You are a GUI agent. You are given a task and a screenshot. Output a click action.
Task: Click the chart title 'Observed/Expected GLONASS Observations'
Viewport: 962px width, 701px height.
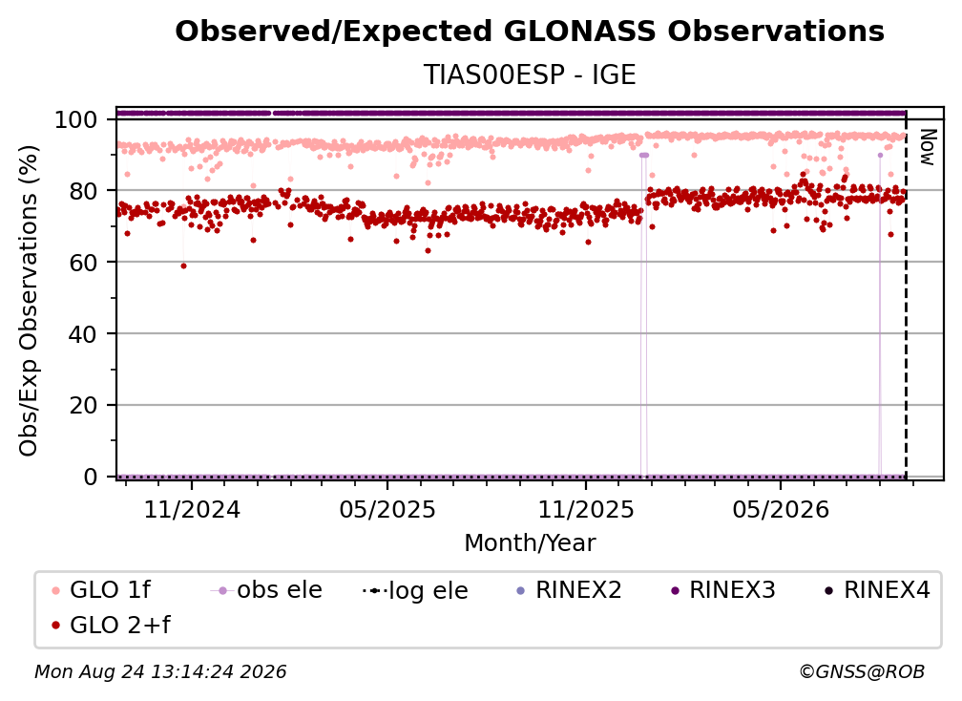point(530,32)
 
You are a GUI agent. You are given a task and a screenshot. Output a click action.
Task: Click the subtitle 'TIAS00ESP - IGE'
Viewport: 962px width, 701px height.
point(530,74)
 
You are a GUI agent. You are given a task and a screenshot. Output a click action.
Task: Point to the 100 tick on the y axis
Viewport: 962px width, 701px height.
point(76,119)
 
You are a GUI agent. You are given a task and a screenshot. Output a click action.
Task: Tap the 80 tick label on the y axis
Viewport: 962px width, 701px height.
point(83,191)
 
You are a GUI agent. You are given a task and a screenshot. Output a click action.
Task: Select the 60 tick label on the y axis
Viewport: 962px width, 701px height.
point(83,263)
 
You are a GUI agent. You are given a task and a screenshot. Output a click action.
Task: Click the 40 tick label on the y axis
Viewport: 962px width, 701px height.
point(83,334)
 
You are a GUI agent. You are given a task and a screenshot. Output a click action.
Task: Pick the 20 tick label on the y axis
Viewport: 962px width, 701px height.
point(83,406)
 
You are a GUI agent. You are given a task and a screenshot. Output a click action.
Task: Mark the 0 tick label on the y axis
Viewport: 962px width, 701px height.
point(91,477)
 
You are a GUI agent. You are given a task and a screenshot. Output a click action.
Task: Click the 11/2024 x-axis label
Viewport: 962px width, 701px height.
point(192,509)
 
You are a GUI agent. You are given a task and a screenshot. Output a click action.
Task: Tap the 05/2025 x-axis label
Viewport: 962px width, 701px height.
point(387,509)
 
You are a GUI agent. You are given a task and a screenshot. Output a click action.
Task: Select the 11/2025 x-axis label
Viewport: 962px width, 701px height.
point(586,509)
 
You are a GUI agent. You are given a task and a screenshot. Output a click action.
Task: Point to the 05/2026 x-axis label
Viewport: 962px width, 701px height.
point(781,509)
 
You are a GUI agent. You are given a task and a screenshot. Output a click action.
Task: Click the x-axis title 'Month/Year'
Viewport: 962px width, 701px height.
point(530,543)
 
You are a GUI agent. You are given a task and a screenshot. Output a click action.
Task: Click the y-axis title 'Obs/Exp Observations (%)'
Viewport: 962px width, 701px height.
point(29,301)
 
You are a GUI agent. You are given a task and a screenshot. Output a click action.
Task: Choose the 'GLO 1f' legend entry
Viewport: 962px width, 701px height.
point(101,590)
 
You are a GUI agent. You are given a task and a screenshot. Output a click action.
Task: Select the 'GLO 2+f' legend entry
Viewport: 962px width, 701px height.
point(111,626)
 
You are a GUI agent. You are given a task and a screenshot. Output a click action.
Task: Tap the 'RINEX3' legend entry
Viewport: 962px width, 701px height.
point(724,590)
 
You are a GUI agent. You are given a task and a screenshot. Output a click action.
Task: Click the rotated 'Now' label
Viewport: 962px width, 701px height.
point(927,147)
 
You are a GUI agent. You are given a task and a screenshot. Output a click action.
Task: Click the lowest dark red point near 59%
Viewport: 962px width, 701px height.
point(183,266)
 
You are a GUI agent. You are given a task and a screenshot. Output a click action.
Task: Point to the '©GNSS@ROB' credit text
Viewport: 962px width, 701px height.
point(862,671)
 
